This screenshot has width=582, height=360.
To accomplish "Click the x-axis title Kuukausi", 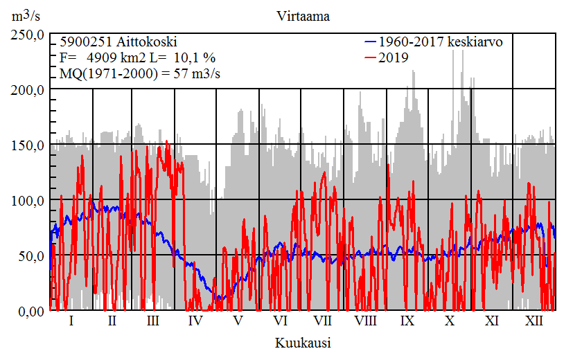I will pyautogui.click(x=302, y=343).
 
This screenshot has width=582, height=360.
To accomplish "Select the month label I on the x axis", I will pyautogui.click(x=71, y=321).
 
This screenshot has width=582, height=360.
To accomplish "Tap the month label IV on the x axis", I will pyautogui.click(x=195, y=321).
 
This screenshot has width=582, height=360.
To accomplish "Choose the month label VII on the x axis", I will pyautogui.click(x=322, y=321).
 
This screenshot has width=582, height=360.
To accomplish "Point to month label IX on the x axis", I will pyautogui.click(x=407, y=321).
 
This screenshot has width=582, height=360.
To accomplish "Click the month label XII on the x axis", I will pyautogui.click(x=534, y=321).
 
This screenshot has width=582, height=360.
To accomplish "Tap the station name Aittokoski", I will pyautogui.click(x=145, y=42).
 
